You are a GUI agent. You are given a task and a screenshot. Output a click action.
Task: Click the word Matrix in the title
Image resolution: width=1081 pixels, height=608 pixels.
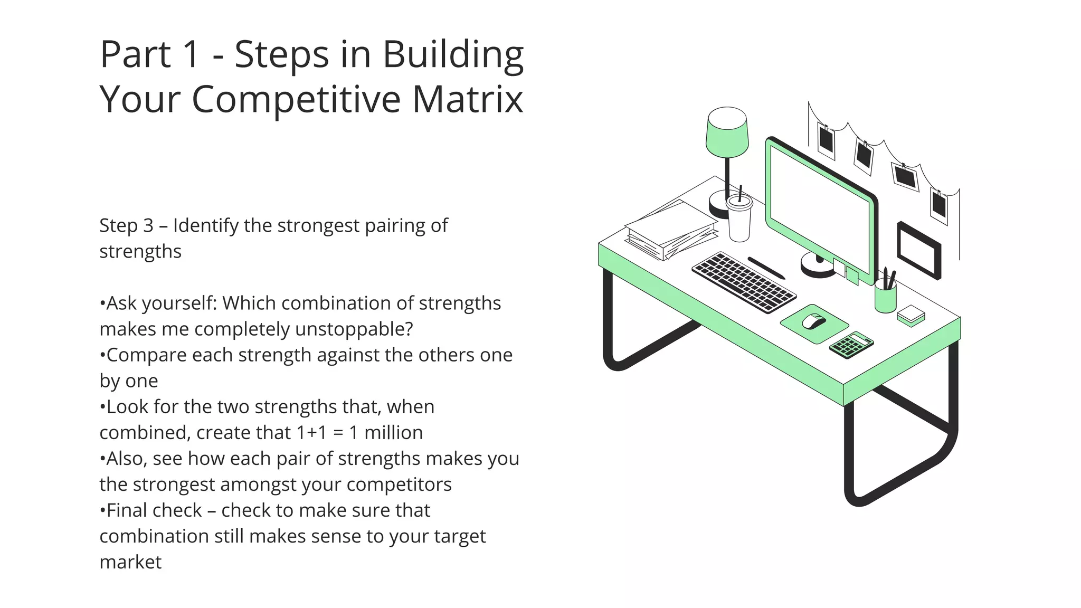(467, 99)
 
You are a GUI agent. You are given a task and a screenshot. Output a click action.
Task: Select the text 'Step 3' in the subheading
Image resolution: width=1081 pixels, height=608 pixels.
(126, 225)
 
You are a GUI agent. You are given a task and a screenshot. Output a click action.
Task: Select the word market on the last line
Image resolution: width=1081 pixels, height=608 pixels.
(130, 562)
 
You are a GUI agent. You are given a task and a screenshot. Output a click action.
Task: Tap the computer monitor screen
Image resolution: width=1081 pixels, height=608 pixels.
(819, 208)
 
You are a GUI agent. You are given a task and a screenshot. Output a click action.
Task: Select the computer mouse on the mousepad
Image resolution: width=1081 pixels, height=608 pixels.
(813, 321)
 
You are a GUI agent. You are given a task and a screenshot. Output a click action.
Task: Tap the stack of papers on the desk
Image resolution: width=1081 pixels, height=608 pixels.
(671, 230)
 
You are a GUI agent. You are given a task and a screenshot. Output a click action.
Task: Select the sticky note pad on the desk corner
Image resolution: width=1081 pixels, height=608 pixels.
(911, 315)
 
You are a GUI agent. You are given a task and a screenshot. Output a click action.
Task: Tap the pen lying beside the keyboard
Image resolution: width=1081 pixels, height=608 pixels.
(766, 268)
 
